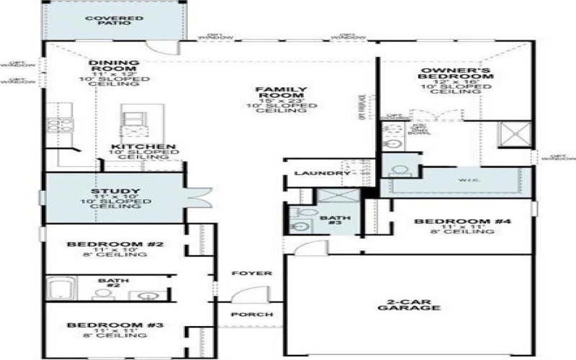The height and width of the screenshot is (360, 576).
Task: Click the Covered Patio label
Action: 114,20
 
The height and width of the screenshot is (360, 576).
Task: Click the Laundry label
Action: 317,174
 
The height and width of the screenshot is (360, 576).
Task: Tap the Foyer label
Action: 251,274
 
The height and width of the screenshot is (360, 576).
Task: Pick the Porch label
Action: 251,315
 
